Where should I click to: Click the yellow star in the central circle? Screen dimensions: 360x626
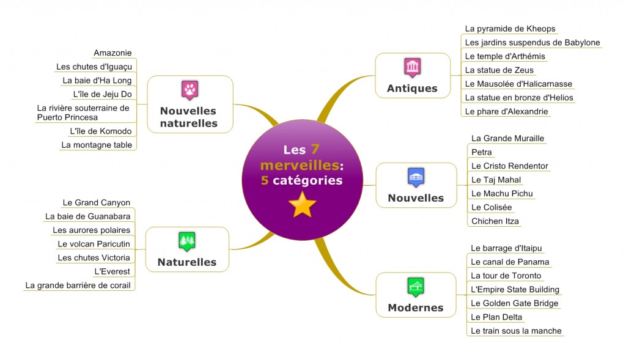pos(302,204)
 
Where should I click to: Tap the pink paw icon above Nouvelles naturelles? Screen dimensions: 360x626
pos(190,90)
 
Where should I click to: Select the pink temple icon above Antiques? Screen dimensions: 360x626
pos(412,67)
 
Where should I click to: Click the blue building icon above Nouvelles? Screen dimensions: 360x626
pos(416,177)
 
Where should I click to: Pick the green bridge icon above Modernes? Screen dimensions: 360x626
pos(416,286)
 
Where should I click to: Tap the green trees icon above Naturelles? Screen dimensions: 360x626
pos(186,241)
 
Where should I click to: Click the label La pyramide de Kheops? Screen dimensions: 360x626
pos(510,28)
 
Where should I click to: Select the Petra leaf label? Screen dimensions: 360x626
pos(482,152)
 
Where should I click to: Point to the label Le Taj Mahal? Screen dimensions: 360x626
pos(496,180)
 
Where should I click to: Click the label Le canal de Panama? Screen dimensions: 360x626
pos(510,262)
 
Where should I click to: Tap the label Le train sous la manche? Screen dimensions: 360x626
pos(516,331)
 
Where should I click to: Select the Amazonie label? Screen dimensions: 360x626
pos(112,53)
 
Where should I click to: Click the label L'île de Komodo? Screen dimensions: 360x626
pos(101,131)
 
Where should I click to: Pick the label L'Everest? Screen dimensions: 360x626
pos(112,271)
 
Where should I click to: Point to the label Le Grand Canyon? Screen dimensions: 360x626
pos(97,202)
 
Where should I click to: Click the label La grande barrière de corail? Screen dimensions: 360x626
pos(78,285)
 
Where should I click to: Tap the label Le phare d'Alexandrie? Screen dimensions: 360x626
pos(506,111)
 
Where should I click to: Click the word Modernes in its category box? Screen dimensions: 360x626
pos(415,307)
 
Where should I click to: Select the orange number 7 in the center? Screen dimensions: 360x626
pos(315,150)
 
